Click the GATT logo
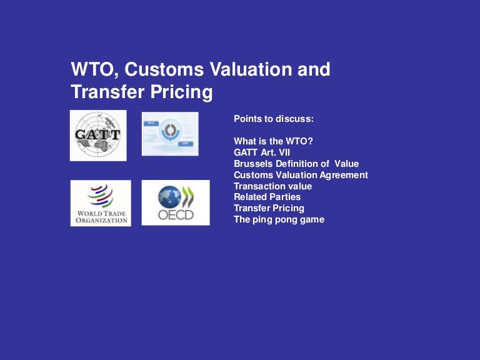pos(97,135)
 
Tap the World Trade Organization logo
pos(101,202)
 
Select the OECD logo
pos(176,202)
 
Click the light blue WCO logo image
pos(170,134)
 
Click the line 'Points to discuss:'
pos(274,119)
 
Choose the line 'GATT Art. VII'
pos(261,152)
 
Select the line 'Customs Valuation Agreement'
pos(301,175)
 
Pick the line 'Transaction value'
pos(272,186)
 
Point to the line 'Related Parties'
pos(267,197)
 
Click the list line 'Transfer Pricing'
pos(269,208)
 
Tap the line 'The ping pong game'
pos(279,219)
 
